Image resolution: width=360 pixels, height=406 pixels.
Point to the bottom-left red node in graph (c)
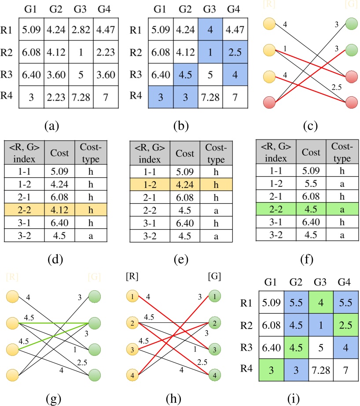point(269,102)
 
